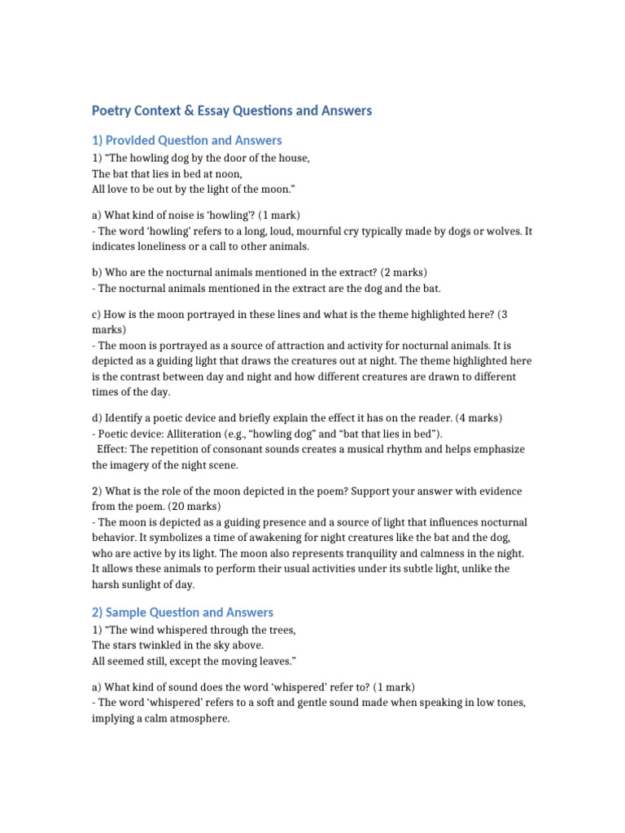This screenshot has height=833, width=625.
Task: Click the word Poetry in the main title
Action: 112,110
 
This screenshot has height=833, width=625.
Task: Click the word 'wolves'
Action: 502,231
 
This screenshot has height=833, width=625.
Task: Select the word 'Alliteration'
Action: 202,434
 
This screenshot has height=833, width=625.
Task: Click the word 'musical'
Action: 366,449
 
